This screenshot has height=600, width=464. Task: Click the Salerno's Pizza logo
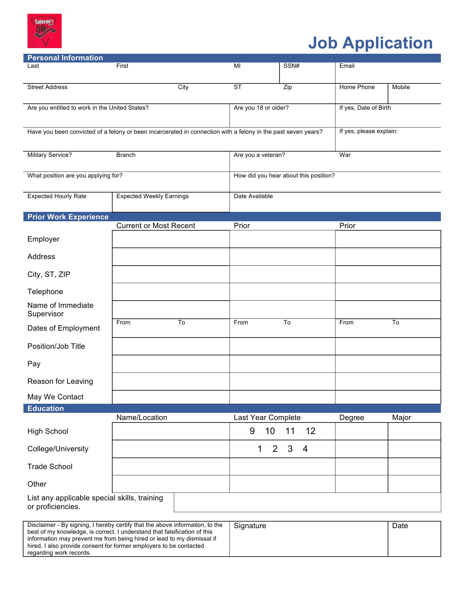(x=44, y=31)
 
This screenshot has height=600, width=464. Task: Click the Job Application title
(x=370, y=43)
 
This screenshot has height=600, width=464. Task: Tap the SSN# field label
(x=291, y=66)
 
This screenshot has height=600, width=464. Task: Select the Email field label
(x=347, y=66)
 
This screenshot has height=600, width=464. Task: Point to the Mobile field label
(x=401, y=87)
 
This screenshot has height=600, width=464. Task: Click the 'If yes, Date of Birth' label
(x=365, y=108)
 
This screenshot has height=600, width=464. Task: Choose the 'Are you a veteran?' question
(x=259, y=155)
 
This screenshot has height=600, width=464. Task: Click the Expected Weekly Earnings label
(x=152, y=196)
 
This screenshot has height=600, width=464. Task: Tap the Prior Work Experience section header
(x=68, y=217)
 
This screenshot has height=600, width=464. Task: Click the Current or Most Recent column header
(x=155, y=226)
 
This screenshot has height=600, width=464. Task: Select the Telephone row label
(x=45, y=292)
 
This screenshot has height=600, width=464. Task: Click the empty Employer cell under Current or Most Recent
(x=171, y=239)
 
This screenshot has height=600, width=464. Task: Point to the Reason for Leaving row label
(x=60, y=381)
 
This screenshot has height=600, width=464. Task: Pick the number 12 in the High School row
(x=310, y=431)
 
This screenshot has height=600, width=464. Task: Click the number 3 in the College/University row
(x=290, y=449)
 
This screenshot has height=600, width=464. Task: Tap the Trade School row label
(x=50, y=467)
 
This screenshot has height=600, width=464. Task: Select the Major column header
(x=401, y=418)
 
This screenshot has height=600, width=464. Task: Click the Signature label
(x=250, y=526)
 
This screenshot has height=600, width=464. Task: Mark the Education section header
(x=46, y=408)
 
